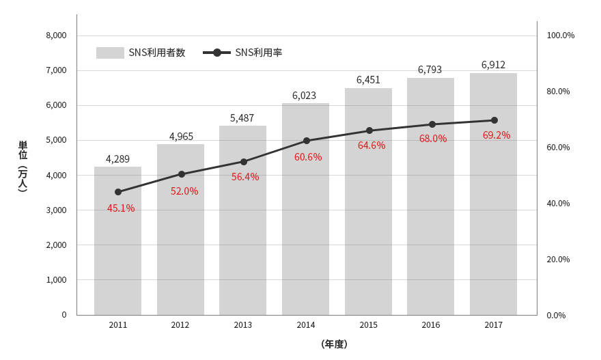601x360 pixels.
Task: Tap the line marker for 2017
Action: (494, 120)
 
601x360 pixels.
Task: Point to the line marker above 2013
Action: (244, 162)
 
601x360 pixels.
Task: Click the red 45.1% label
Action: (121, 208)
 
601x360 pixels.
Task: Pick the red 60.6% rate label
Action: (308, 157)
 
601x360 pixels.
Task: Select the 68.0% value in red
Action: (433, 139)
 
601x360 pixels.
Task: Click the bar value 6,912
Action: (493, 65)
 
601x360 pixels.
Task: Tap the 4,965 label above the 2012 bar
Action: (181, 137)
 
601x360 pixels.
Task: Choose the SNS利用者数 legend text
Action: (157, 53)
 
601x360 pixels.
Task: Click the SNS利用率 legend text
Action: (259, 53)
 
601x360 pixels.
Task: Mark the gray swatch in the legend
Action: (110, 53)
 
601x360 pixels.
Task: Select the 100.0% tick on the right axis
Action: (561, 36)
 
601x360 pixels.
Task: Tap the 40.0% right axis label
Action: (558, 204)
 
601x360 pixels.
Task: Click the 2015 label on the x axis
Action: (368, 325)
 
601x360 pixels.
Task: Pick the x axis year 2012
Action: (180, 325)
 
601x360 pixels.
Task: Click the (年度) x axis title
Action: (334, 344)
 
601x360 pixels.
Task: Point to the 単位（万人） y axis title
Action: (23, 166)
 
